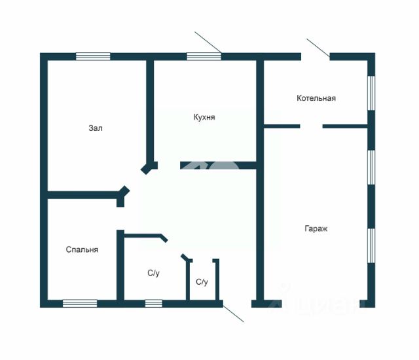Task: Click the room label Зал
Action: [x=96, y=128]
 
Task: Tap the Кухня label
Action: [x=204, y=117]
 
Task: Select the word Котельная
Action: [x=316, y=98]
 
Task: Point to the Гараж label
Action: [x=316, y=229]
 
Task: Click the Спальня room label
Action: [x=82, y=249]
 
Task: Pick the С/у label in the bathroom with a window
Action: [x=153, y=273]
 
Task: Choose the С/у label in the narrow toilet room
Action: [x=202, y=282]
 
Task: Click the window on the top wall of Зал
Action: [x=92, y=56]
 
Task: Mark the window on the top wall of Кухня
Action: [x=204, y=56]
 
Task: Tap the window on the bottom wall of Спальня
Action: [x=80, y=303]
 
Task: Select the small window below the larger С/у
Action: [x=153, y=303]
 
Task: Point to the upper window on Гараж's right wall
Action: [x=371, y=167]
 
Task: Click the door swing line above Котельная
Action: [x=318, y=48]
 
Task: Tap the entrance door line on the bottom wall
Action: [x=234, y=312]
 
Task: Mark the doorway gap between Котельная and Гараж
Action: [x=311, y=125]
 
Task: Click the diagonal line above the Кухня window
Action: [x=208, y=41]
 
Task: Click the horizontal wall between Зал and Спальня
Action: [x=82, y=194]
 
